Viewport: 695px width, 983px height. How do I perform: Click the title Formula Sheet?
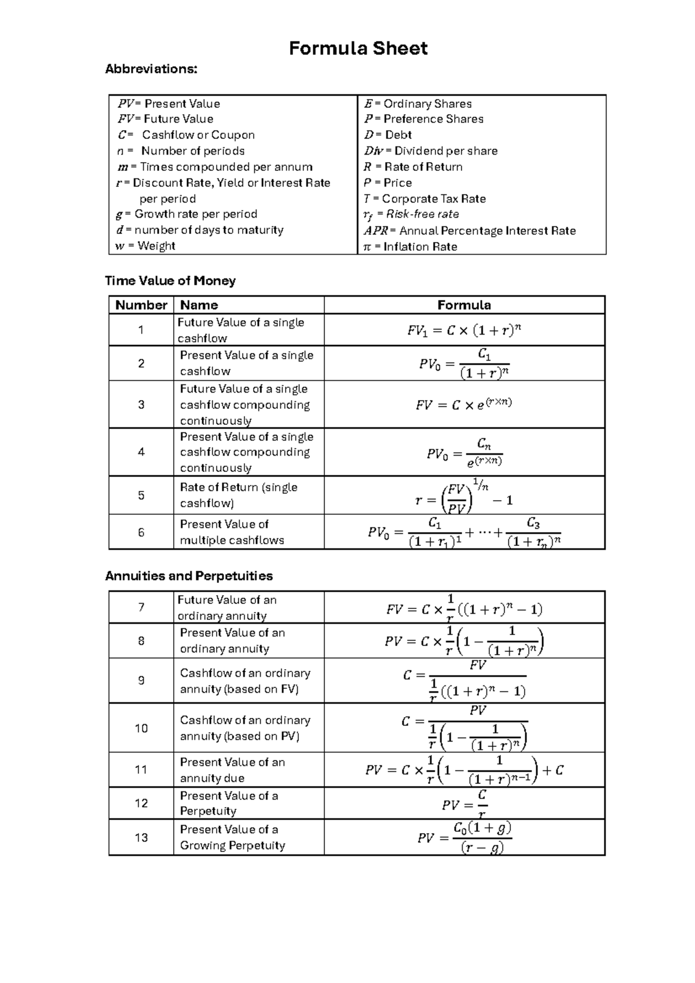tap(358, 48)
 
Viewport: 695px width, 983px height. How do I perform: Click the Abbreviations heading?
tap(151, 69)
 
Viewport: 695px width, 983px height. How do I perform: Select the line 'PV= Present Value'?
tap(169, 104)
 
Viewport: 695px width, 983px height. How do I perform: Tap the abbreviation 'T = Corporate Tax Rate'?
tap(425, 199)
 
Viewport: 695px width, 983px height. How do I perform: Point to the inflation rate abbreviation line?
tap(410, 247)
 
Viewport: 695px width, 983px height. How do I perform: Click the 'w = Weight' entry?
tap(145, 245)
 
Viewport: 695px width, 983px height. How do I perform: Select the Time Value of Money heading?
tap(170, 281)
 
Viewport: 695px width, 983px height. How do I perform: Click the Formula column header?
tap(464, 305)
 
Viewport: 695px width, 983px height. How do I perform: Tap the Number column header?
tap(141, 305)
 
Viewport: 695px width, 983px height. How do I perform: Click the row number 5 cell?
tap(141, 496)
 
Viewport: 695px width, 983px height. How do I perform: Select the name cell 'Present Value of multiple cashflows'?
tap(232, 532)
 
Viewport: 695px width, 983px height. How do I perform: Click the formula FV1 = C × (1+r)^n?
tap(464, 331)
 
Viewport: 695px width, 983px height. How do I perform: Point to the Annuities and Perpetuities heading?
tap(189, 576)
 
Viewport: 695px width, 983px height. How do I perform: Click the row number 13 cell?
tap(141, 838)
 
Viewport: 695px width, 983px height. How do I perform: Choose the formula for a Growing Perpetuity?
tap(464, 838)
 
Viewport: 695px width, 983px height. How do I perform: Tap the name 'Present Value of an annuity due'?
tap(232, 770)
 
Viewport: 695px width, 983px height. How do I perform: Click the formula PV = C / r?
tap(464, 804)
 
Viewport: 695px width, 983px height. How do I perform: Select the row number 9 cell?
tap(141, 681)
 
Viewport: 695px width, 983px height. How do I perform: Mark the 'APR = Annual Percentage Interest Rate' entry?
tap(470, 230)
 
